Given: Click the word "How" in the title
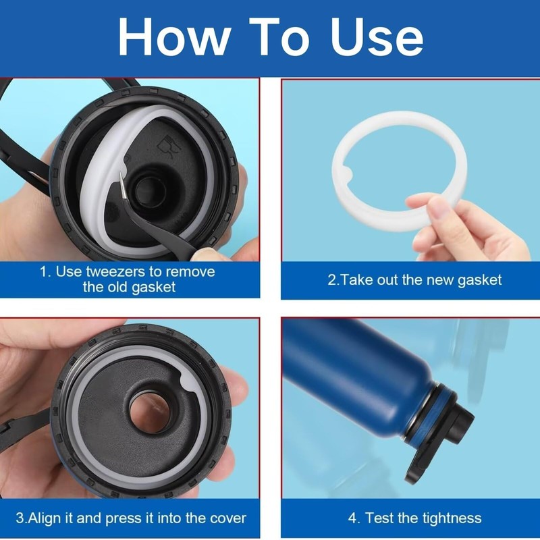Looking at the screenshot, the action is (174, 36).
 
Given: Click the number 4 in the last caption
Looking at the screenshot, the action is (352, 518).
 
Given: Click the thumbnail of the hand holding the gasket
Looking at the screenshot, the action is (433, 209).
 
